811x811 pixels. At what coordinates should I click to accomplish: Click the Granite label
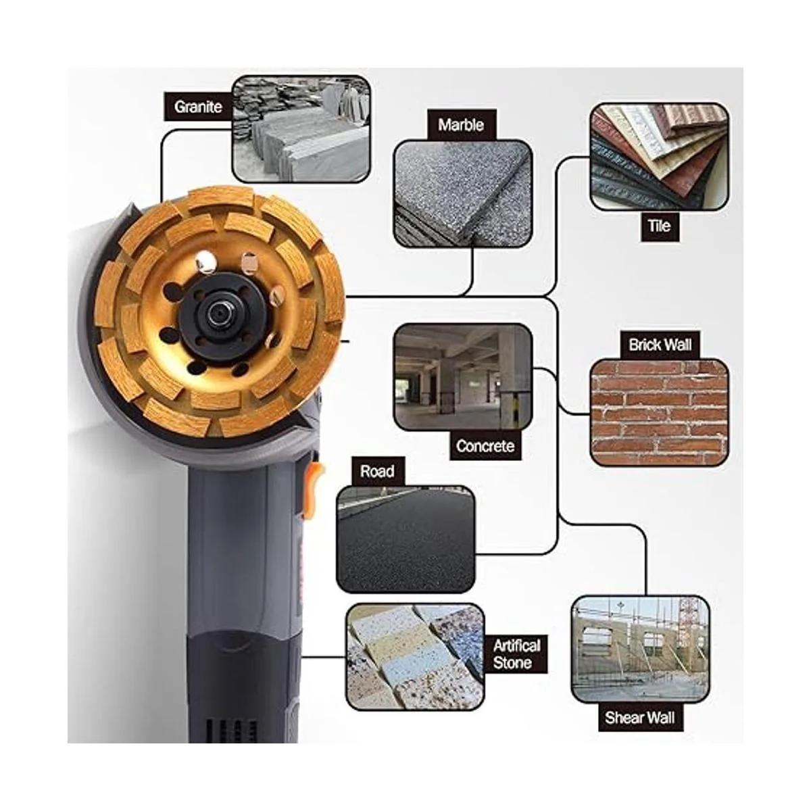click(x=198, y=107)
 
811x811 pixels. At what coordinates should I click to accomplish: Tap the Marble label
click(x=462, y=124)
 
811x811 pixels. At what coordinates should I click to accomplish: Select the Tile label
click(x=660, y=226)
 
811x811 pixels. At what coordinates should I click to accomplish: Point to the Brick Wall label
click(x=660, y=345)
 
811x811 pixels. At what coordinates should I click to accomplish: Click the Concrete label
click(x=485, y=445)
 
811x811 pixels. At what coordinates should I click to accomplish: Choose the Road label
click(x=377, y=471)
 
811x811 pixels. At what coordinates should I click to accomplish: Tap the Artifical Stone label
click(x=516, y=654)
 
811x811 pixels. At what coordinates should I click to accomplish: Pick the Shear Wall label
click(x=640, y=718)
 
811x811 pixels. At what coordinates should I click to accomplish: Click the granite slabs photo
click(x=301, y=129)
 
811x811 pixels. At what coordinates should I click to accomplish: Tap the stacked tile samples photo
click(x=659, y=157)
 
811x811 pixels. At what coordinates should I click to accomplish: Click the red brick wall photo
click(x=659, y=413)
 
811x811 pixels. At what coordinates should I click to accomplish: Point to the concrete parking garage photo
click(x=463, y=378)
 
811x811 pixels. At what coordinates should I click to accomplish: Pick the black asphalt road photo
click(x=405, y=539)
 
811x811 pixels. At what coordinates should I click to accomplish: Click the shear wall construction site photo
click(x=641, y=649)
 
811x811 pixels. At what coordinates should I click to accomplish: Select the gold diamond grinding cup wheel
click(x=219, y=312)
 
